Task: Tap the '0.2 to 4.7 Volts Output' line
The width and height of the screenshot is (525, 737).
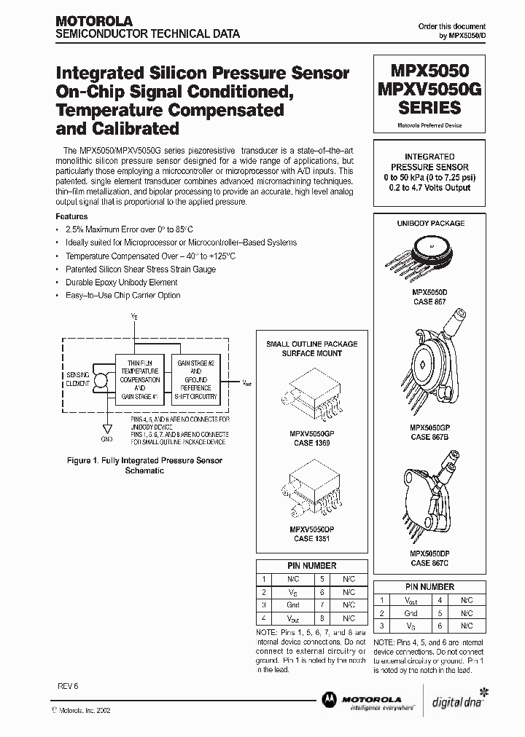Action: click(429, 187)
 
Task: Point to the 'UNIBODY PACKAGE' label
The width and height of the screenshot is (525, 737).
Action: click(430, 224)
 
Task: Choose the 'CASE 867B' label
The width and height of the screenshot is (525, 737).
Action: click(429, 437)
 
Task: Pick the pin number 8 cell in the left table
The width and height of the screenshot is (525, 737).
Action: click(322, 618)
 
